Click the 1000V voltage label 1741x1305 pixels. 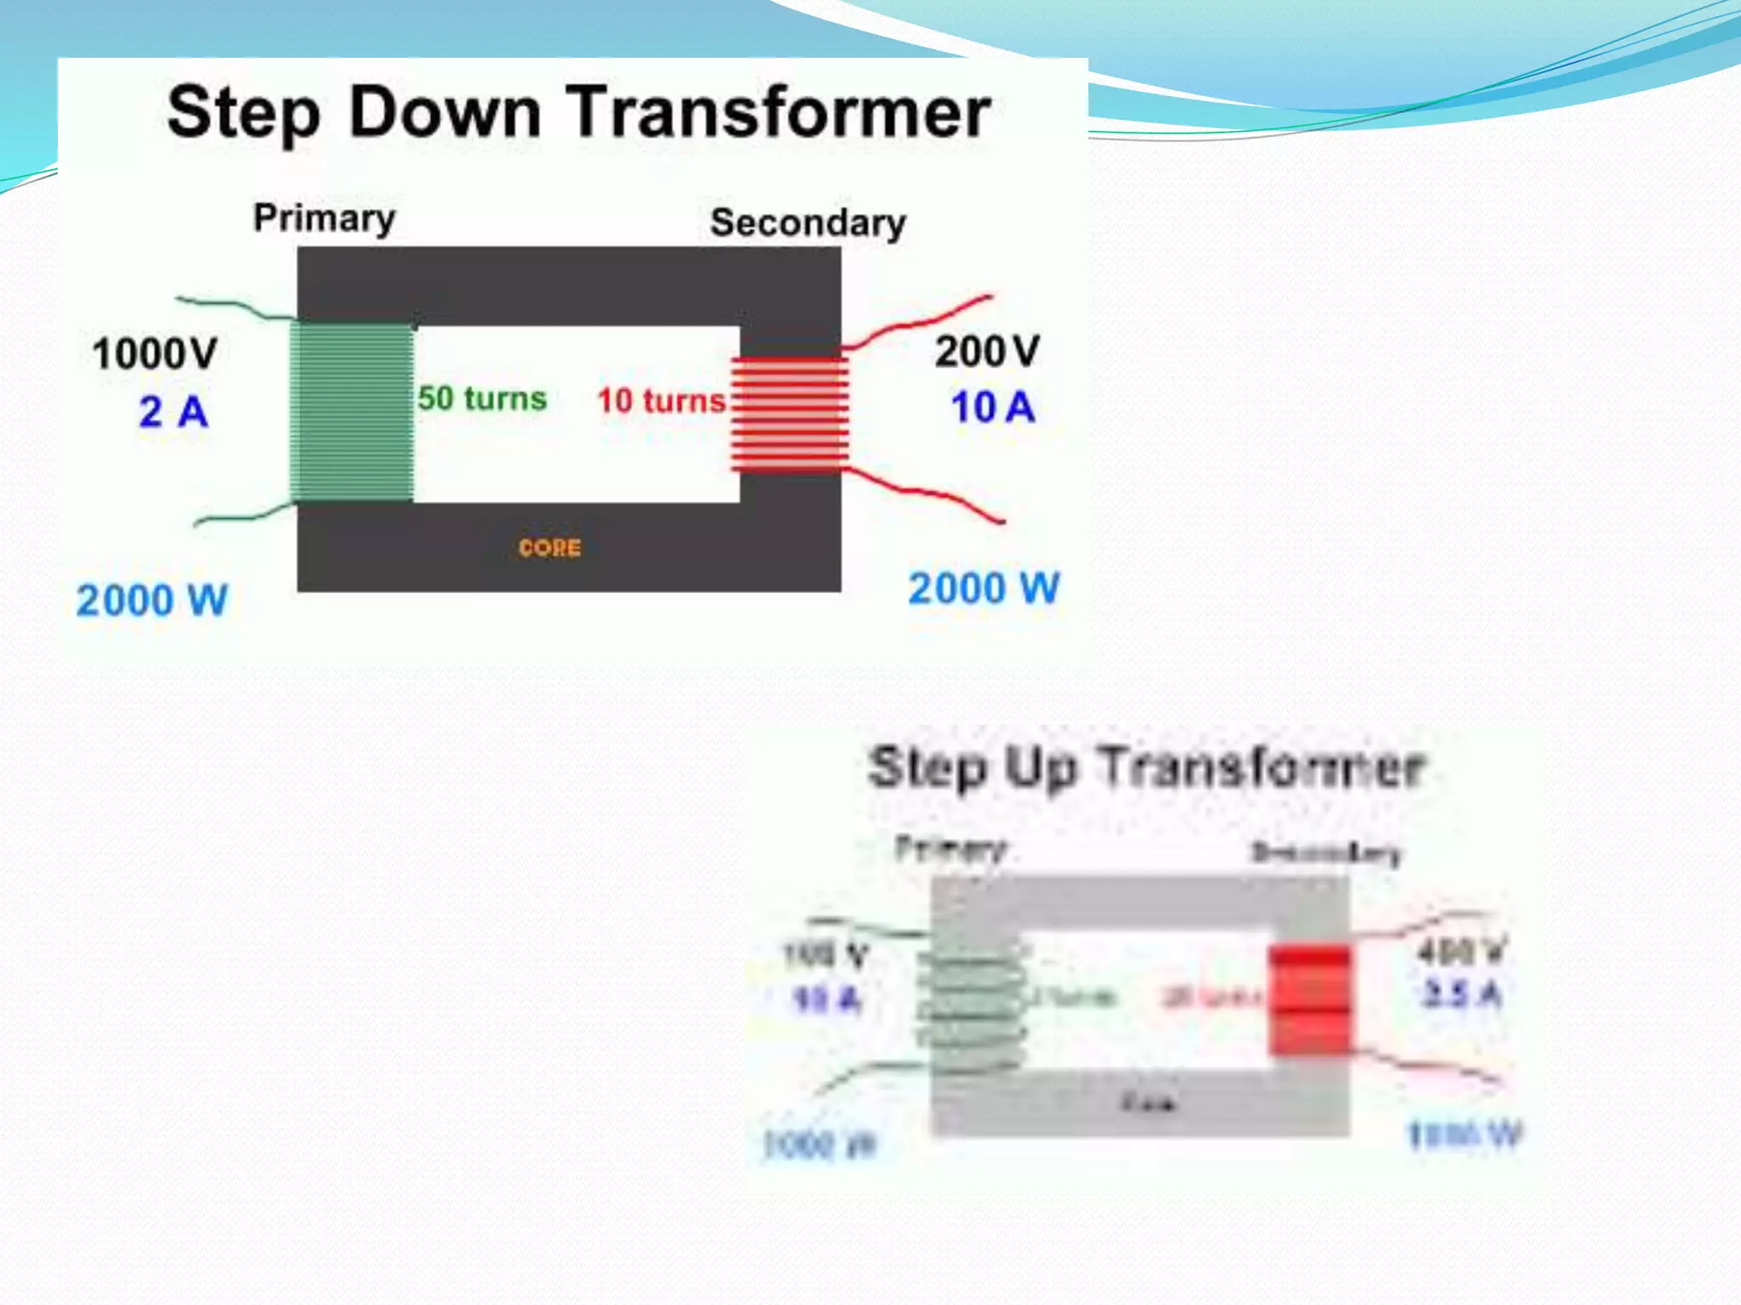tap(155, 353)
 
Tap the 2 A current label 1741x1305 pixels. tap(173, 412)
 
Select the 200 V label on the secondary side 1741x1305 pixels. tap(987, 351)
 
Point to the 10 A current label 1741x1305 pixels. tap(993, 407)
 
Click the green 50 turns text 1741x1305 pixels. tap(481, 398)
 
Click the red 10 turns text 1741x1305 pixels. tap(661, 400)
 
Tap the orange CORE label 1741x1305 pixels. tap(550, 548)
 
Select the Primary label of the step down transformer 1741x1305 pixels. tap(325, 218)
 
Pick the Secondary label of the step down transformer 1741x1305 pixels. tap(808, 223)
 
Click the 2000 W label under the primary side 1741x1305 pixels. tap(152, 601)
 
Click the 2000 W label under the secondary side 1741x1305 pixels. tap(984, 588)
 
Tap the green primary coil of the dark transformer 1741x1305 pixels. tap(352, 412)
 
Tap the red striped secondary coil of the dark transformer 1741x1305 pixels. tap(790, 414)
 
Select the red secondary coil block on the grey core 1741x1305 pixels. tap(1309, 1001)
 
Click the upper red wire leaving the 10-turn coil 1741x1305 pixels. tap(918, 323)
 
